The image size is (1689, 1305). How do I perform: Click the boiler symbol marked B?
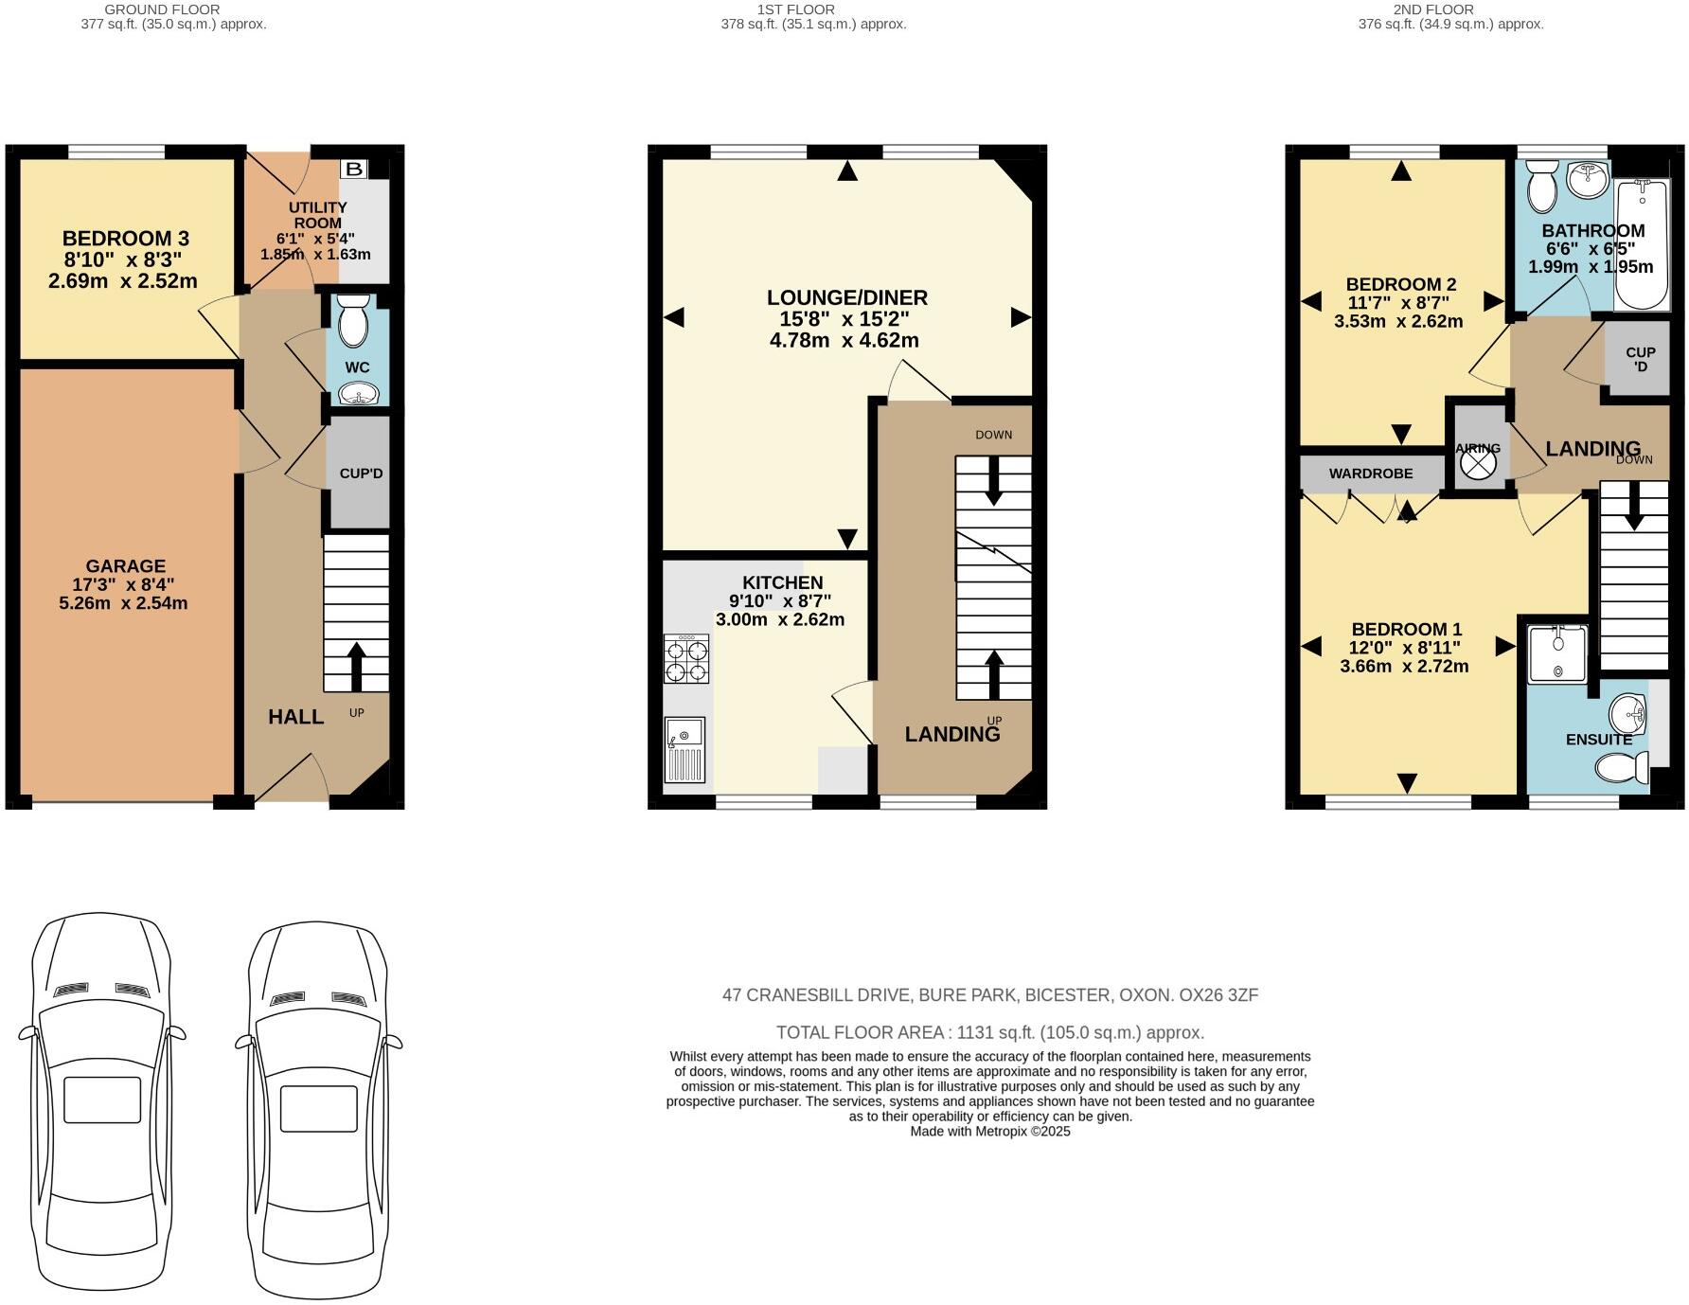point(354,170)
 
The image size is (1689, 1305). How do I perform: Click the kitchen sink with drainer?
point(685,750)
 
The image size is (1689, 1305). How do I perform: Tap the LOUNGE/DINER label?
point(846,297)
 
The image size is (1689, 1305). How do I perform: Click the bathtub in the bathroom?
point(1644,245)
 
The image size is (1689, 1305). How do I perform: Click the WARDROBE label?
point(1370,474)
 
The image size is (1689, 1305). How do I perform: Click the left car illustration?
point(102,1104)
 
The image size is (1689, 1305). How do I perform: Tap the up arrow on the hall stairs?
point(356,667)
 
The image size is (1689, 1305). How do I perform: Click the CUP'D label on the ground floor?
point(361,474)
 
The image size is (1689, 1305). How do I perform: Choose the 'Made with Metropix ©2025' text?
point(989,1131)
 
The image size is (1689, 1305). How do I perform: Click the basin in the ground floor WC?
point(356,393)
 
